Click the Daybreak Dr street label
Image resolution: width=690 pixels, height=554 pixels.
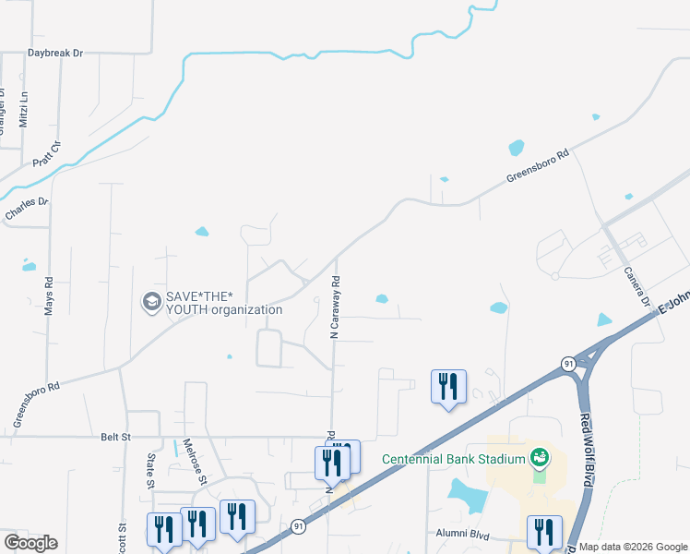(x=55, y=54)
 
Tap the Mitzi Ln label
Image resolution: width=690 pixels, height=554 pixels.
(x=25, y=109)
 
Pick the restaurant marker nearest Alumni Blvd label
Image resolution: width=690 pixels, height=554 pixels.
(x=544, y=531)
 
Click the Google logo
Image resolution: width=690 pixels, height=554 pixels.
(x=30, y=543)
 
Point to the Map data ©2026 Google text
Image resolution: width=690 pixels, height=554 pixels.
(x=633, y=547)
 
